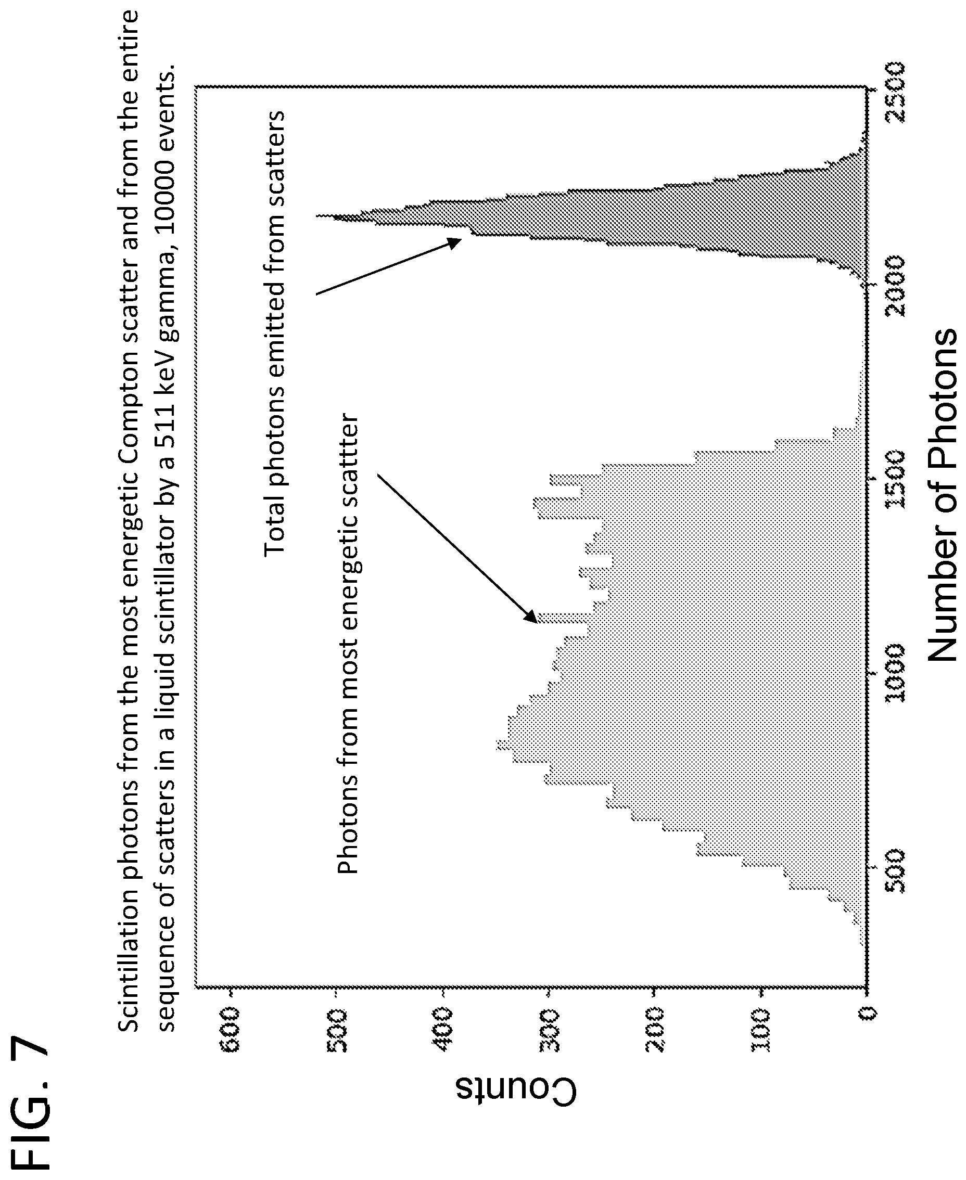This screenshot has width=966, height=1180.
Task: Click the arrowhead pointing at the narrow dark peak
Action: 454,243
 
